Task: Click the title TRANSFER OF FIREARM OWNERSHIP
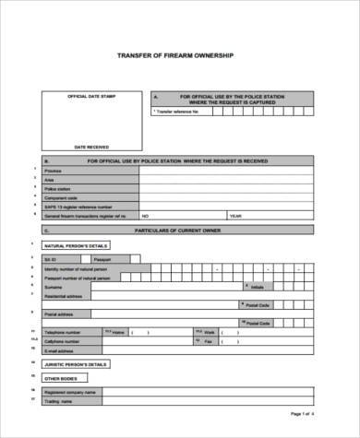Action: tap(181, 53)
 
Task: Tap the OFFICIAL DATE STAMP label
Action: tap(88, 96)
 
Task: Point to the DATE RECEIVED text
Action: tap(91, 146)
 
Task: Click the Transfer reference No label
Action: tap(179, 111)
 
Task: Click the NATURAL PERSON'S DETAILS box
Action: tap(77, 246)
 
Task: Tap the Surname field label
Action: tap(53, 286)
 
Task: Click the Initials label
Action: tap(256, 286)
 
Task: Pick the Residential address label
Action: tap(63, 295)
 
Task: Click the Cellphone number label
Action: tap(62, 340)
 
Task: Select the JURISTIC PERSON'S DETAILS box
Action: tap(78, 364)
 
